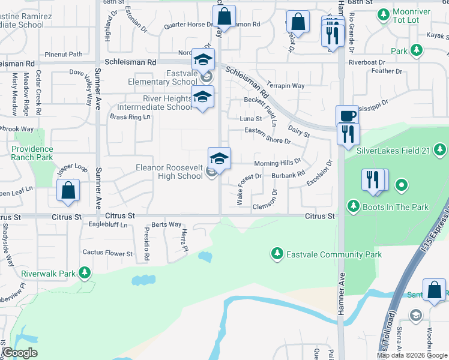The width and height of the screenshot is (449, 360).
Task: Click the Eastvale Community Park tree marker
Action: pos(277,254)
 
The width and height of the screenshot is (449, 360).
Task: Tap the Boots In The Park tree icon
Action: pos(354,207)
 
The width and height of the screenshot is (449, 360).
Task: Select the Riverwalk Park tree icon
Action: pos(85,274)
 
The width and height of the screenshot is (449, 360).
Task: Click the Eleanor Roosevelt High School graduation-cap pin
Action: pos(219,159)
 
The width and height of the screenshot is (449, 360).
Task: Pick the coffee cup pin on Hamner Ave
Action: pos(346,116)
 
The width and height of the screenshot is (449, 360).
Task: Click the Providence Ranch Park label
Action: pos(32,153)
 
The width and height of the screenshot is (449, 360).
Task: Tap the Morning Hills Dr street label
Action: pos(277,163)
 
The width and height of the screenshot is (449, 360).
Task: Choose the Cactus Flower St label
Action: pos(107,253)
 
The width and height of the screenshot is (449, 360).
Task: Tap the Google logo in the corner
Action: pos(20,353)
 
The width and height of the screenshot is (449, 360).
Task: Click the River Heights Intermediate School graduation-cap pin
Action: pos(202,96)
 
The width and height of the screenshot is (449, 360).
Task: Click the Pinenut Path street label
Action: pos(68,54)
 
